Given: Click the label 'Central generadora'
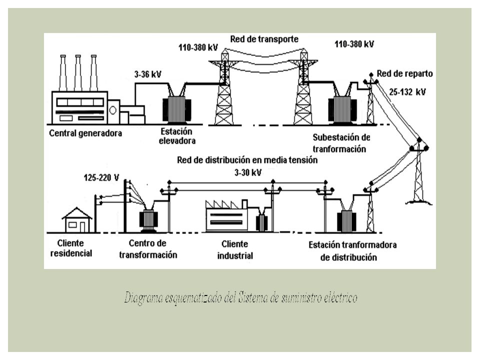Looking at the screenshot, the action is tap(85, 133).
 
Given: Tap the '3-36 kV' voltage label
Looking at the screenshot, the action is tap(147, 74).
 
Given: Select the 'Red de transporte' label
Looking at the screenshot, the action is tap(264, 39).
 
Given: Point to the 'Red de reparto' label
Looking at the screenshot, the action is tap(404, 74).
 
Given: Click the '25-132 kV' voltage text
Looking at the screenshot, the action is tap(407, 92).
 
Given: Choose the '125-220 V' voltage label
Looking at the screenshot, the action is tap(101, 178).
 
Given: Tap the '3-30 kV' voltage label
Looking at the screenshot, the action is tap(248, 172).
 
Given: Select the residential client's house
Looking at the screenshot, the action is tap(77, 220).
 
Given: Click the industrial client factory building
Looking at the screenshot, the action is tap(227, 216).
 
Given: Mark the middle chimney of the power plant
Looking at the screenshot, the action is tap(78, 73).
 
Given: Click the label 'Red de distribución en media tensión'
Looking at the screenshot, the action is tap(247, 160).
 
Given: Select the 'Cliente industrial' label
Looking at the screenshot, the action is tap(235, 250).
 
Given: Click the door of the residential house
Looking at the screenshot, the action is tap(82, 227).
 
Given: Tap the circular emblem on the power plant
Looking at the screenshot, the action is tap(112, 110).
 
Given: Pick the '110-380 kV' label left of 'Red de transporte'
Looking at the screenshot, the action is tap(198, 47).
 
